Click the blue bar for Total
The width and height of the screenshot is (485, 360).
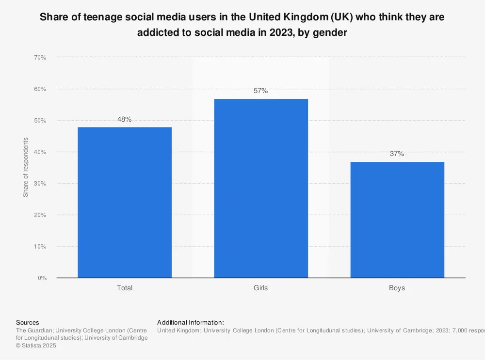pyautogui.click(x=125, y=202)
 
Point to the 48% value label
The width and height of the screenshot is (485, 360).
pyautogui.click(x=125, y=119)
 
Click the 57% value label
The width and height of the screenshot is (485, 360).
pyautogui.click(x=261, y=91)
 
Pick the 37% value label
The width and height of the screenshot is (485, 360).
pyautogui.click(x=397, y=154)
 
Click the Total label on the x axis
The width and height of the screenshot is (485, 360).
pyautogui.click(x=125, y=288)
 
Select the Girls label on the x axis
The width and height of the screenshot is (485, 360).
pyautogui.click(x=261, y=288)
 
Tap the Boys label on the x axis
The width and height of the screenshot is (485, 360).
pyautogui.click(x=397, y=288)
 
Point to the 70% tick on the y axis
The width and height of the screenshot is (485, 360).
pyautogui.click(x=40, y=58)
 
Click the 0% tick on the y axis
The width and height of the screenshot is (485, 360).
pyautogui.click(x=42, y=278)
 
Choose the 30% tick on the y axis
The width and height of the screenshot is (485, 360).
pyautogui.click(x=40, y=184)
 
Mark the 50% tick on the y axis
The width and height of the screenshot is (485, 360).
pyautogui.click(x=40, y=121)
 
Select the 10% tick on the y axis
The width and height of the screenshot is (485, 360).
pyautogui.click(x=40, y=247)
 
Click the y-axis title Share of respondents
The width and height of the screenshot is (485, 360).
pyautogui.click(x=26, y=168)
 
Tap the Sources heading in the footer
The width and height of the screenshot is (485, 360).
pyautogui.click(x=28, y=322)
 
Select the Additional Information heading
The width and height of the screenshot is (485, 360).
pyautogui.click(x=191, y=322)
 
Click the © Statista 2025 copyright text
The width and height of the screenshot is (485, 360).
pyautogui.click(x=36, y=345)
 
